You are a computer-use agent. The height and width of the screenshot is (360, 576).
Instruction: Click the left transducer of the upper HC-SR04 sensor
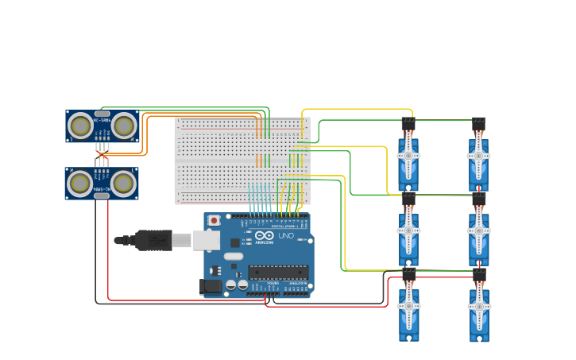coord(80,126)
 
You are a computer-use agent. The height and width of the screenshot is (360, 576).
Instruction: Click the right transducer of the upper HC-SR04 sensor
coord(123,126)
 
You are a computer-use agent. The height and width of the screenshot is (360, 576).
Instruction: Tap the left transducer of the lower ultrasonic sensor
coord(80,184)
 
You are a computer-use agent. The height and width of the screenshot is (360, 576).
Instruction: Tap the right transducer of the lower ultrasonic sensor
coord(122,184)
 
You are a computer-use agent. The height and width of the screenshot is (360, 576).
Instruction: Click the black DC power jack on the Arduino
coord(211,287)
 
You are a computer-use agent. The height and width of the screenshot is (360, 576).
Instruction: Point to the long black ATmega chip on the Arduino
coord(277,272)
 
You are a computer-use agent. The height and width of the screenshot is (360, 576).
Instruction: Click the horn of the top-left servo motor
coord(408,155)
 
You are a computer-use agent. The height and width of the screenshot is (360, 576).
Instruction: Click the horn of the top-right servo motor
coord(479,155)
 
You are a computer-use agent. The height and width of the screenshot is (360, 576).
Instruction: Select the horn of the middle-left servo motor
coord(408,230)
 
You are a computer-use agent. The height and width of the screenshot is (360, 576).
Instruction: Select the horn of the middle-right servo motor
coord(479,230)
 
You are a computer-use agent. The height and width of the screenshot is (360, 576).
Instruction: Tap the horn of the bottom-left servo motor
coord(408,305)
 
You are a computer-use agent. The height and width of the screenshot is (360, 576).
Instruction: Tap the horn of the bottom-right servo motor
coord(479,305)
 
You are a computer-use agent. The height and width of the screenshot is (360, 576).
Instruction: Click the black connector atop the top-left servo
coord(408,124)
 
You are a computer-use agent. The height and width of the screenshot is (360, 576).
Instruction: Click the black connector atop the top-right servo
coord(479,124)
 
